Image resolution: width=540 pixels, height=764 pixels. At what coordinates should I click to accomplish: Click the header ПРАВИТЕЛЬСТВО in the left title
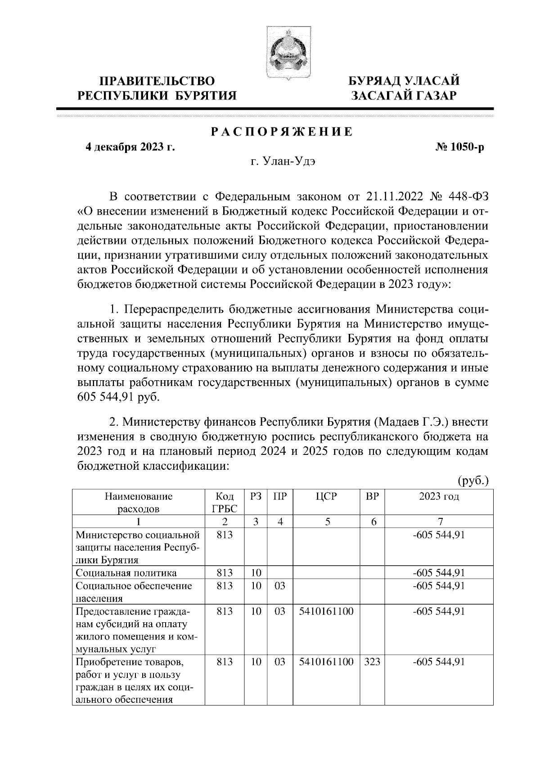(x=157, y=81)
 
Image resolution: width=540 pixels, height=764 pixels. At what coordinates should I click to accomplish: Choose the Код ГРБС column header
(x=225, y=503)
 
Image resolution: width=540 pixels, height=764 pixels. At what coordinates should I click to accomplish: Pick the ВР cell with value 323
(x=372, y=662)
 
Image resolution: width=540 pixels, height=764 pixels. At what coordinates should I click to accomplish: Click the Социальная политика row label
(x=126, y=573)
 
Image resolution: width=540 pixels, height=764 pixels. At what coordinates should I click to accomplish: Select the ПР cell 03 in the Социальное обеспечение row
(x=280, y=586)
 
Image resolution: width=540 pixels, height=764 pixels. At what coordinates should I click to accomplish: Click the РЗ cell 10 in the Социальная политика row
(x=256, y=573)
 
